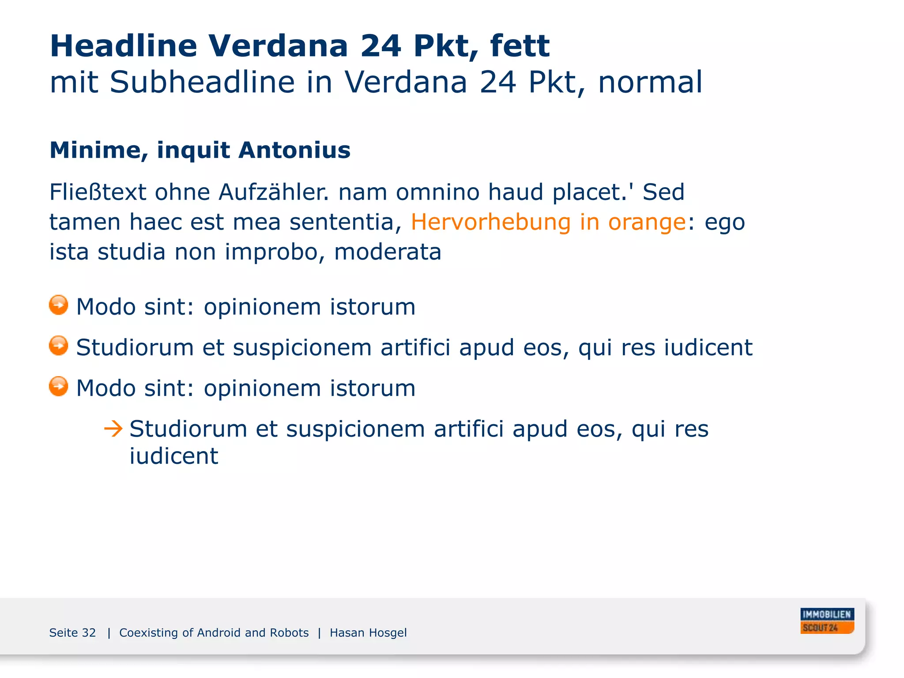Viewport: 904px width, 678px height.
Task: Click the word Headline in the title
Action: pos(123,46)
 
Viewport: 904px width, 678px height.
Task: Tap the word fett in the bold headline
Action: pos(520,46)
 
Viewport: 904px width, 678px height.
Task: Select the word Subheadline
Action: pos(202,82)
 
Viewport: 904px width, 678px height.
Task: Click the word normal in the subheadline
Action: pos(650,82)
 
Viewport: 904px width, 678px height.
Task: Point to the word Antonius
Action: pos(294,150)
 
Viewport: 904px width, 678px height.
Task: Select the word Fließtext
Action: pos(98,192)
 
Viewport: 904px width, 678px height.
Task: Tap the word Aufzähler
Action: pos(274,192)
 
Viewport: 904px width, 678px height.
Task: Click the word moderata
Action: pos(388,252)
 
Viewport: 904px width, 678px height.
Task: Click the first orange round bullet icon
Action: pos(59,305)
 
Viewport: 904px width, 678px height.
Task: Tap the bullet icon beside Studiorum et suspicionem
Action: pos(59,346)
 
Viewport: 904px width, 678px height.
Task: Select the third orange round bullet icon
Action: pos(59,386)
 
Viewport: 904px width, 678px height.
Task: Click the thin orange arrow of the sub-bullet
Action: pos(113,429)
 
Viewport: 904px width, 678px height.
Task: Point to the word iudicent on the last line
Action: pos(173,456)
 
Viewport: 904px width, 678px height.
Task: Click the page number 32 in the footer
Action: pos(88,633)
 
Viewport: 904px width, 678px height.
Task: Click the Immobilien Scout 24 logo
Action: pos(827,621)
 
